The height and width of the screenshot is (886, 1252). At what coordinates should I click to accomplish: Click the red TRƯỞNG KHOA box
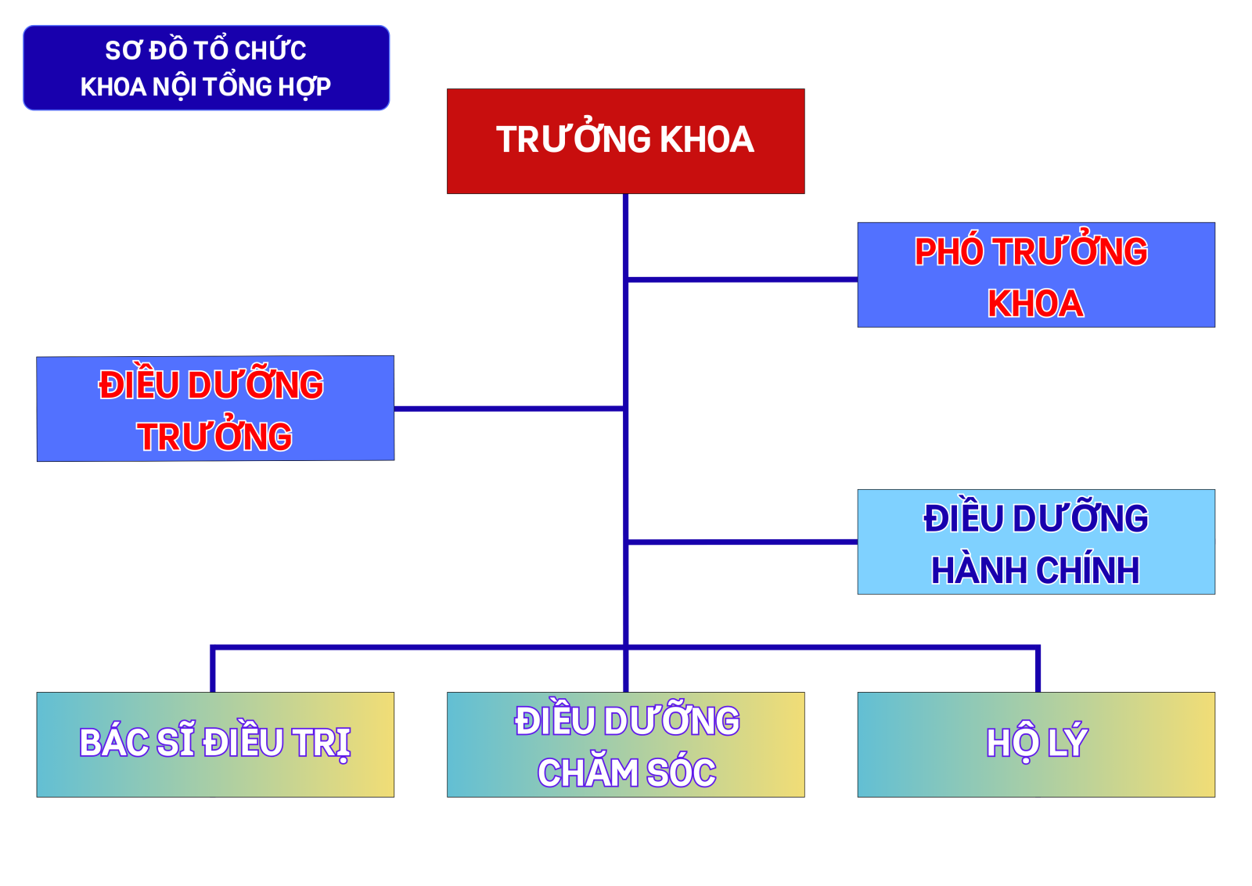pos(625,142)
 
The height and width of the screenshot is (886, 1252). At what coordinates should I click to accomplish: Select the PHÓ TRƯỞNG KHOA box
pos(1036,275)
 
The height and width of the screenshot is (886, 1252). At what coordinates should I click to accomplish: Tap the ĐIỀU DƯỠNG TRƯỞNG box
pos(215,409)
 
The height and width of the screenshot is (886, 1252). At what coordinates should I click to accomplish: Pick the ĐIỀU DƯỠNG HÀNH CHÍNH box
pos(1036,542)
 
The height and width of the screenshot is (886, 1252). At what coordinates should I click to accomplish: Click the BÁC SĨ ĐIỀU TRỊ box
pos(215,744)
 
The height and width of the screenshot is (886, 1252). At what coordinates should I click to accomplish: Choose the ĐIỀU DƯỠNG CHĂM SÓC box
pos(625,744)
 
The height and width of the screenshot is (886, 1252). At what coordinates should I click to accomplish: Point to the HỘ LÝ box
pos(1036,744)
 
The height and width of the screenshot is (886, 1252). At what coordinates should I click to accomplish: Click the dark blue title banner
pos(207,67)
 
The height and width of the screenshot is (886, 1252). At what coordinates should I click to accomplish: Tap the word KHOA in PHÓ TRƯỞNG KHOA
pos(1035,304)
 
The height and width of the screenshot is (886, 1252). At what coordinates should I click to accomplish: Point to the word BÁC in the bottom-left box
pos(114,741)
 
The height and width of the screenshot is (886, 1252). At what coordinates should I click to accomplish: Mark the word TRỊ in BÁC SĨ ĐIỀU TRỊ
pos(322,744)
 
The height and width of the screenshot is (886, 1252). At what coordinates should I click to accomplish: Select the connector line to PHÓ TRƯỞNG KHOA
pos(743,279)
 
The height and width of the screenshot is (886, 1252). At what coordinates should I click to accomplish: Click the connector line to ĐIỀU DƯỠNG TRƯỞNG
pos(509,409)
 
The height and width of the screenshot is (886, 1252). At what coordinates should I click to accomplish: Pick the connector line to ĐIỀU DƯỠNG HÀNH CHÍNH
pos(743,542)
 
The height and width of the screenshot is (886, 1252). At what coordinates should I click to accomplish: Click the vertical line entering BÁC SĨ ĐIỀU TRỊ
pos(213,670)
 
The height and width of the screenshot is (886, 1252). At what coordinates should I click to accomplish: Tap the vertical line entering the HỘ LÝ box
pos(1038,670)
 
